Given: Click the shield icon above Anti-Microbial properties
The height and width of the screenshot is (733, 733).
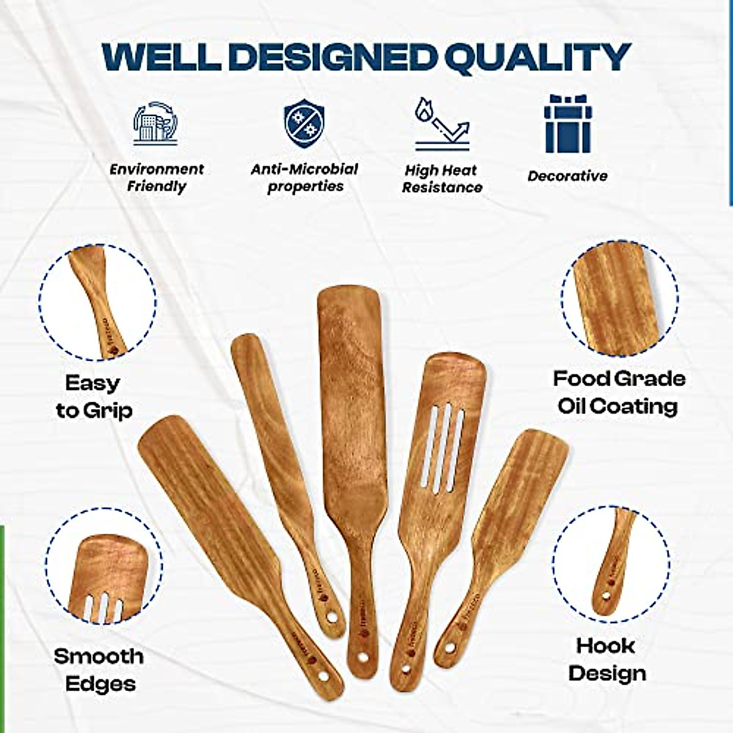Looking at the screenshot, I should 304,125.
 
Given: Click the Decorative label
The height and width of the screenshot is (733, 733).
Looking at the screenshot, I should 567,176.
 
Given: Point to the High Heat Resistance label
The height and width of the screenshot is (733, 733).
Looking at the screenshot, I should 442,178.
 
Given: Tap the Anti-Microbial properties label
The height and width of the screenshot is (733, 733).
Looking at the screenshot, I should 304,178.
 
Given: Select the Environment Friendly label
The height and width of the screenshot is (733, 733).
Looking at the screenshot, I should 156,178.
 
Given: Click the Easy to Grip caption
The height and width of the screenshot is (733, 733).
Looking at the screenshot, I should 93,396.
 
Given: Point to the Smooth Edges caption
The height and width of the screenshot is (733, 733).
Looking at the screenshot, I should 99,669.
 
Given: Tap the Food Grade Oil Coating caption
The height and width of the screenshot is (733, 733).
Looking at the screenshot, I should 619,392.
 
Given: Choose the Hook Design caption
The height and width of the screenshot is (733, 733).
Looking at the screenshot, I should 606,659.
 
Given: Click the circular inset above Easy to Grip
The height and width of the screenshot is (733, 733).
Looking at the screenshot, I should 98,302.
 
